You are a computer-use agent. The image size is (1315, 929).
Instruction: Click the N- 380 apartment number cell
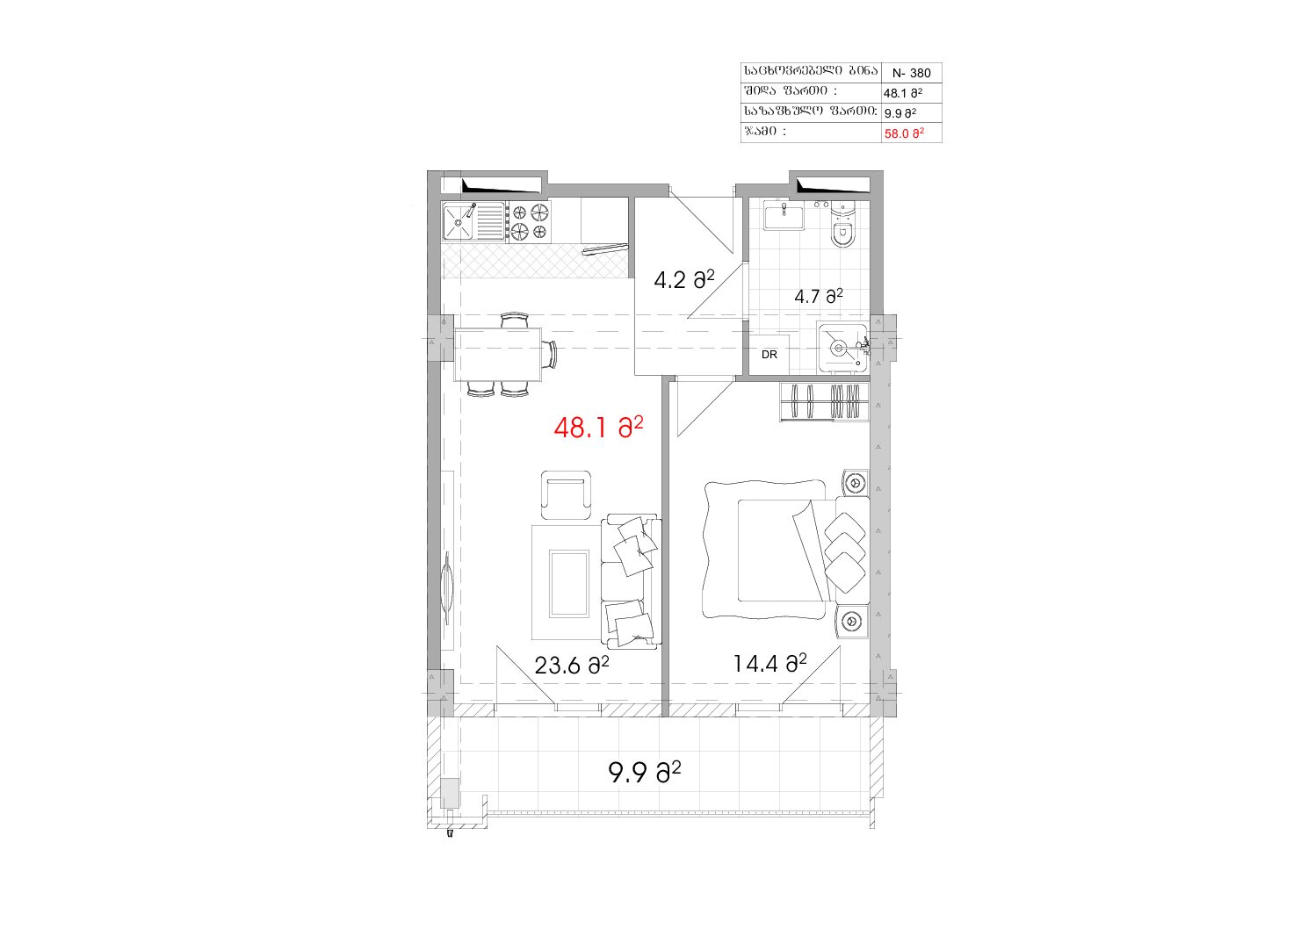tap(911, 73)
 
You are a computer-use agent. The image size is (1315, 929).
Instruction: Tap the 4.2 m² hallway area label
tap(684, 279)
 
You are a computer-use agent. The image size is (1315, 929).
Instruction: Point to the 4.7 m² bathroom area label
tap(819, 296)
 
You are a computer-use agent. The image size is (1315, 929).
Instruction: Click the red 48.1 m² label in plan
tap(598, 428)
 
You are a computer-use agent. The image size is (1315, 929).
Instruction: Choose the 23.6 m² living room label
tap(571, 665)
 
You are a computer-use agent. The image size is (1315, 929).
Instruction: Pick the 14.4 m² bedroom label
tap(769, 663)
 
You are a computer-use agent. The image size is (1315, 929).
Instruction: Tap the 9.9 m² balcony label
tap(645, 773)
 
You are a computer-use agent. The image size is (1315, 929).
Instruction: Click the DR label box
tap(769, 355)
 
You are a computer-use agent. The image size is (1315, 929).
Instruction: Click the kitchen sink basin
tap(459, 221)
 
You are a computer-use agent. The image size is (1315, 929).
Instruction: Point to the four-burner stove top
tap(529, 221)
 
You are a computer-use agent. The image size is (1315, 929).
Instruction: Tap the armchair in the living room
tap(566, 494)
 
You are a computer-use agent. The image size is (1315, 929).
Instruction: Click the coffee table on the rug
tap(569, 583)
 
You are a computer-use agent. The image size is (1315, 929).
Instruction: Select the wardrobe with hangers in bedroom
tap(824, 402)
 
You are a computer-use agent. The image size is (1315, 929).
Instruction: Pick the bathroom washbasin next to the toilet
tap(784, 215)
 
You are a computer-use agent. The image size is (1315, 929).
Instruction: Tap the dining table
tap(498, 355)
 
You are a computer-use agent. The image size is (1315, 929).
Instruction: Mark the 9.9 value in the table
tap(892, 113)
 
